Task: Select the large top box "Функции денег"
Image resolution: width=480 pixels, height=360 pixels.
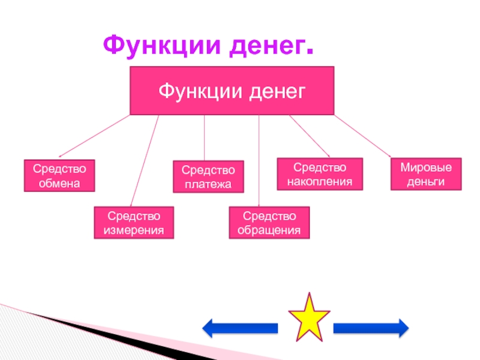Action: (x=232, y=91)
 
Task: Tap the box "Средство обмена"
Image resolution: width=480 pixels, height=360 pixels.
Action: (x=59, y=175)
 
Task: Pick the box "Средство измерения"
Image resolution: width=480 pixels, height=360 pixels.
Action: (x=134, y=223)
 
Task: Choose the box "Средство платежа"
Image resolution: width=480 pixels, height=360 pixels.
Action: (x=208, y=176)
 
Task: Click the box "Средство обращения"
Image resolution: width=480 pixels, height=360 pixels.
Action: (x=269, y=223)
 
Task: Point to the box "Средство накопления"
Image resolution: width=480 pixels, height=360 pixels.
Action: (x=320, y=173)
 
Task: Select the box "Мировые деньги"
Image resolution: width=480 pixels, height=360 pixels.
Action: (x=426, y=175)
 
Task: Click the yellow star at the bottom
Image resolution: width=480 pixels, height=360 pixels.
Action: (x=309, y=316)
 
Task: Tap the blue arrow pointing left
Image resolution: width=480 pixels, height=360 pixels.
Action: (x=240, y=328)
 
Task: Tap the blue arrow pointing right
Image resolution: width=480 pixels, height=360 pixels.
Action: (x=370, y=328)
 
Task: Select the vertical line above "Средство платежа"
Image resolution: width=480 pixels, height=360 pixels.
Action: (x=205, y=137)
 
